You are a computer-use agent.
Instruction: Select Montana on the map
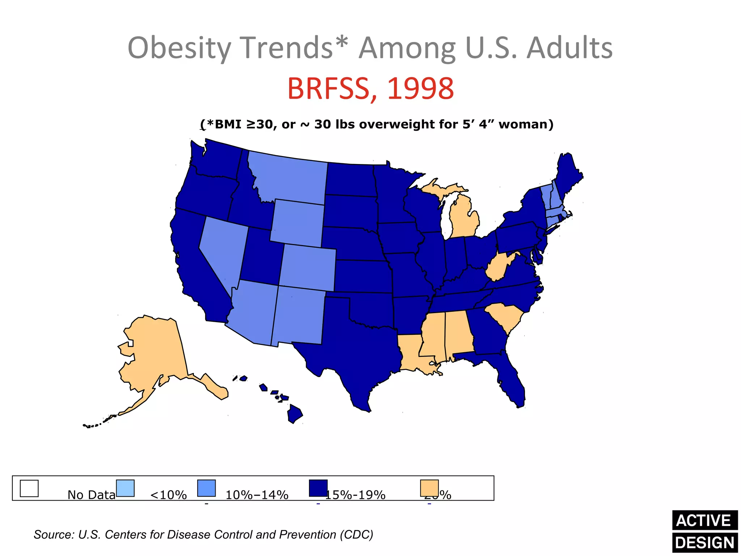(x=289, y=179)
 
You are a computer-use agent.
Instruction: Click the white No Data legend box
(x=29, y=488)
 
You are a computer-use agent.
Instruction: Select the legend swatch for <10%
(x=125, y=488)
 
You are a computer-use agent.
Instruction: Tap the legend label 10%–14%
(x=257, y=495)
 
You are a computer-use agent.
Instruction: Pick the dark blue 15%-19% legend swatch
(x=318, y=488)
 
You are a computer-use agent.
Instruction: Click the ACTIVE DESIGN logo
(x=704, y=531)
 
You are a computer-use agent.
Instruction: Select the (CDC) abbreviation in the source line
(x=356, y=535)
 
